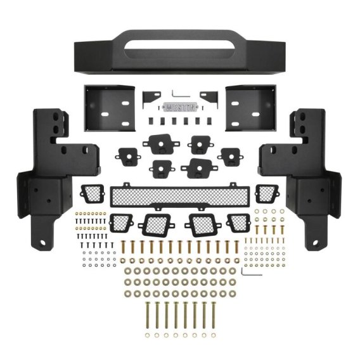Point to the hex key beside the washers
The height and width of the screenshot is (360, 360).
tap(251, 273)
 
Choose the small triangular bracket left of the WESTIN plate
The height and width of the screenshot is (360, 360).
tap(150, 98)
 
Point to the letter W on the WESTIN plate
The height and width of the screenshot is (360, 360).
tap(167, 108)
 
